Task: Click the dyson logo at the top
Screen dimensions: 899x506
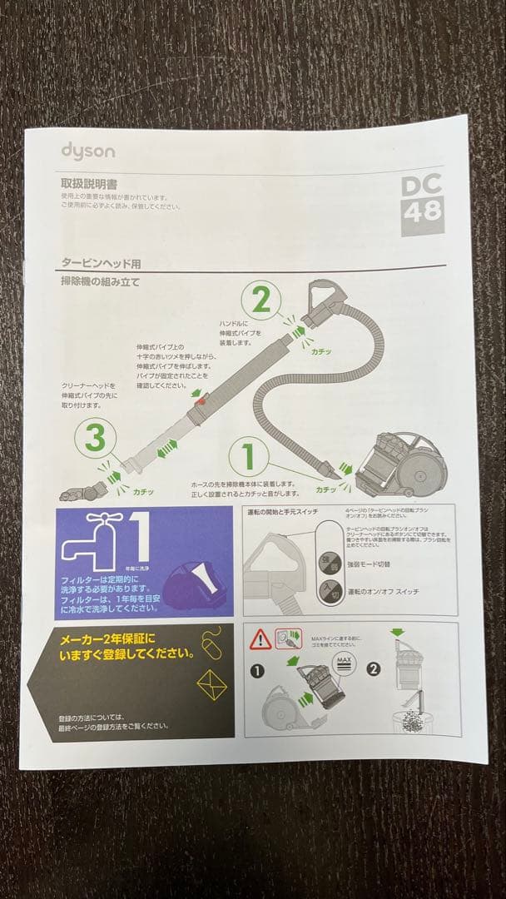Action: click(x=87, y=151)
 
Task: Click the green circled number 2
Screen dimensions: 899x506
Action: click(x=261, y=300)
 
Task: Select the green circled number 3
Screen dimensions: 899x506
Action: click(x=95, y=436)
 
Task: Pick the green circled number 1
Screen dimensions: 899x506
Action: click(x=247, y=457)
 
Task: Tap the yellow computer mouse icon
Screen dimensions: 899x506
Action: click(x=211, y=642)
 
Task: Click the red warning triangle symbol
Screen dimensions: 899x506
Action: click(x=260, y=639)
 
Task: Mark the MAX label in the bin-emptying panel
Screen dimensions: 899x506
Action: click(x=343, y=663)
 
